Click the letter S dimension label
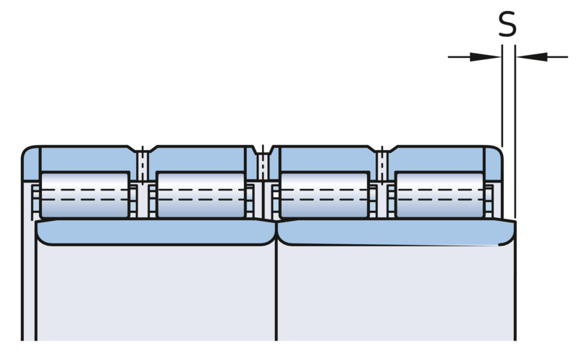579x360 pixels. click(507, 25)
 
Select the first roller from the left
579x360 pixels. click(85, 194)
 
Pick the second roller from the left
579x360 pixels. click(201, 194)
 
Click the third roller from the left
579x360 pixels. click(324, 194)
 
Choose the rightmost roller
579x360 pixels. click(439, 194)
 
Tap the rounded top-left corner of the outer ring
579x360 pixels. click(29, 152)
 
